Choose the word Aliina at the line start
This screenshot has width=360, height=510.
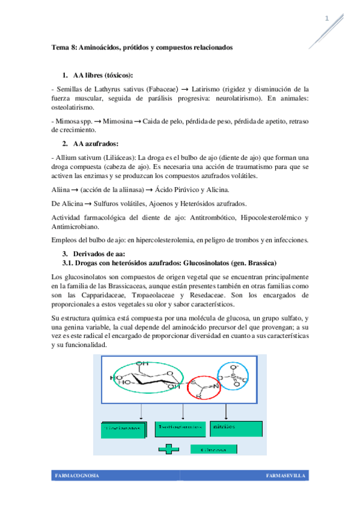[x=62, y=189]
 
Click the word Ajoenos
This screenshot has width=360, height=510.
[x=156, y=204]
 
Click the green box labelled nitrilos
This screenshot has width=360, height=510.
[x=236, y=428]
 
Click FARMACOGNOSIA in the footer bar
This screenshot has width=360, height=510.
[x=77, y=476]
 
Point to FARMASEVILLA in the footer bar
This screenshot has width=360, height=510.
[x=285, y=476]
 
